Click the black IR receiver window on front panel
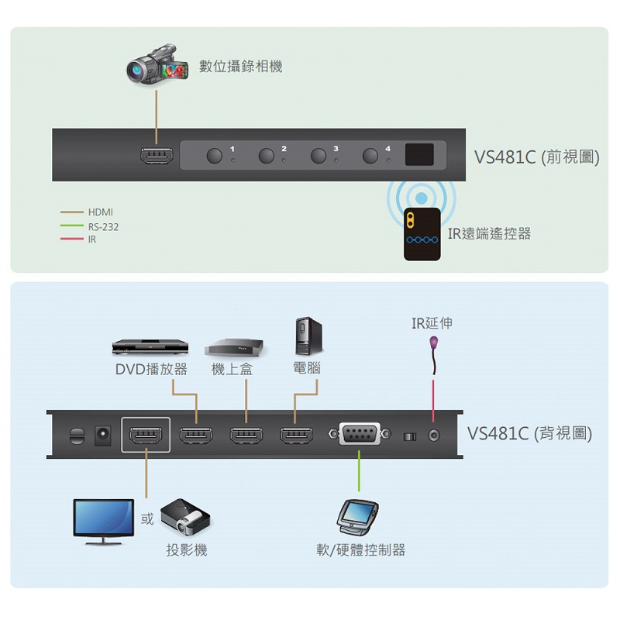419,154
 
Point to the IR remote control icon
422,233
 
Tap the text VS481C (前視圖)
536,156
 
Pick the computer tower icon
307,336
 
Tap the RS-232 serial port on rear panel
360,436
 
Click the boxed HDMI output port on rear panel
145,436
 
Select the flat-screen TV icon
102,518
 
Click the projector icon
184,518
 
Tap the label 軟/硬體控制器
360,550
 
